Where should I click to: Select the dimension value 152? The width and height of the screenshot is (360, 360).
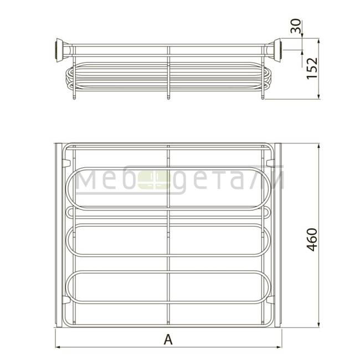[x=312, y=69]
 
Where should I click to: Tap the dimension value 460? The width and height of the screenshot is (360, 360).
[x=312, y=239]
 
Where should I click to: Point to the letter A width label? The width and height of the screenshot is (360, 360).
[x=168, y=340]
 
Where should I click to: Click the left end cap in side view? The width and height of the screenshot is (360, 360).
[x=60, y=50]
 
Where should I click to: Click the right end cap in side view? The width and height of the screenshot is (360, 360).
[x=277, y=50]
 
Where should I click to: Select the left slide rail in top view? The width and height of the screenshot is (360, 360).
[x=59, y=235]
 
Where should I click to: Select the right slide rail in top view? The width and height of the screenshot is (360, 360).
[x=278, y=235]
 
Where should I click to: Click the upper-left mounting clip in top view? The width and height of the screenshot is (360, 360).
[x=66, y=163]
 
